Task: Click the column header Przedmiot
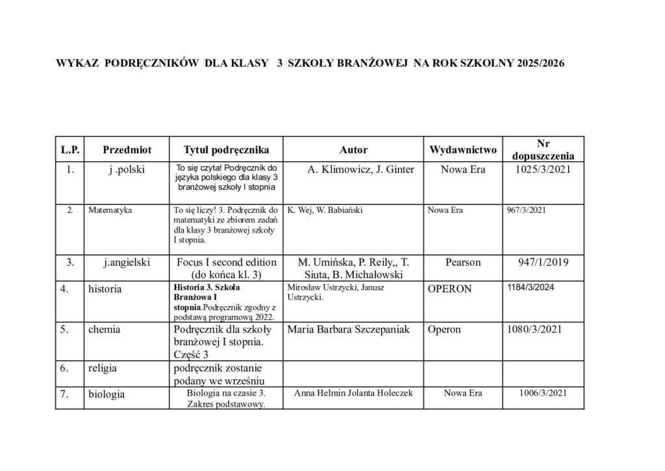[x=127, y=150]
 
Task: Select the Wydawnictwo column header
[x=463, y=150]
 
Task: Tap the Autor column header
[x=353, y=150]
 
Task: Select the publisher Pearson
[x=463, y=262]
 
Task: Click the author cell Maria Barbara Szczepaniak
[x=351, y=329]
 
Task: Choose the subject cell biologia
[x=107, y=394]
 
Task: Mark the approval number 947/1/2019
[x=543, y=262]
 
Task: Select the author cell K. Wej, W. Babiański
[x=324, y=210]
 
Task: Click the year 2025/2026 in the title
[x=542, y=64]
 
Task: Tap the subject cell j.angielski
[x=127, y=262]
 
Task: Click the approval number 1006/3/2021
[x=544, y=393]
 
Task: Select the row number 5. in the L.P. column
[x=65, y=329]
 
